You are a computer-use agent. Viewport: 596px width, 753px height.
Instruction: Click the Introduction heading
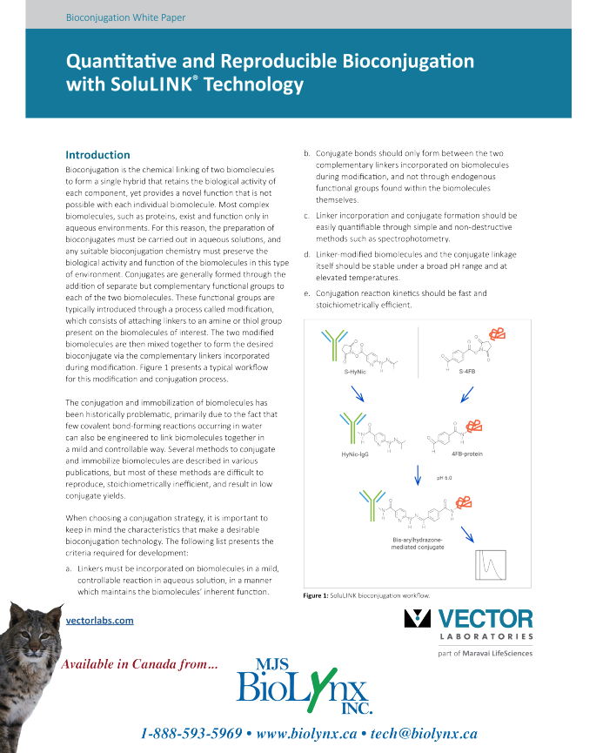(x=97, y=155)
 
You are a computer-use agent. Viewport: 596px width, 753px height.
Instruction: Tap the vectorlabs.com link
(x=99, y=620)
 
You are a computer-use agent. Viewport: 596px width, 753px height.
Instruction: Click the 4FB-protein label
(x=469, y=454)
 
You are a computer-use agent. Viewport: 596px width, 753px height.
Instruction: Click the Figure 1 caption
(x=366, y=595)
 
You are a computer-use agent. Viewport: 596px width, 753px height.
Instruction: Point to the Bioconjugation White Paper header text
(x=125, y=17)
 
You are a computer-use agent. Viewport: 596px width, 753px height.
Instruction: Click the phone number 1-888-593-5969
(x=191, y=733)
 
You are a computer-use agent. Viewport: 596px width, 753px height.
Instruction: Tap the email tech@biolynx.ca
(x=423, y=733)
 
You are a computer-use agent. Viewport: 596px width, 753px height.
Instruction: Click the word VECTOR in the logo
(x=485, y=618)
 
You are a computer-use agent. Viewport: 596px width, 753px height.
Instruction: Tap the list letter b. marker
(x=305, y=154)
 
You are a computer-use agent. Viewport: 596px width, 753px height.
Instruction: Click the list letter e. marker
(x=305, y=293)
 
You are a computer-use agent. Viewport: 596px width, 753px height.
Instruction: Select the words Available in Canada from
(x=139, y=665)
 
